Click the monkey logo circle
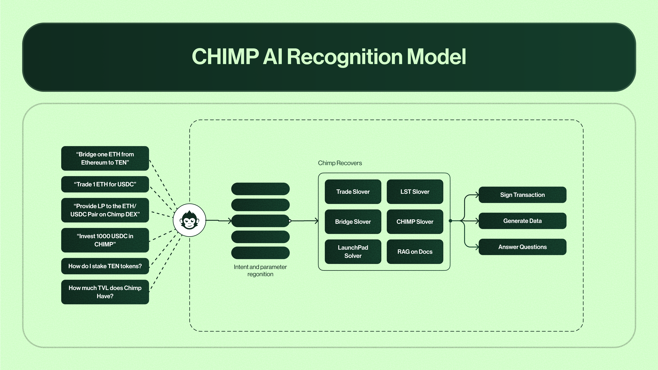(x=189, y=220)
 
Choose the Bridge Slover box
(x=353, y=222)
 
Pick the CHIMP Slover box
(x=415, y=222)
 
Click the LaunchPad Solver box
(x=353, y=251)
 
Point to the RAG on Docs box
(x=415, y=251)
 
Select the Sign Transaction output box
(x=522, y=195)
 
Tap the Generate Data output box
(x=522, y=221)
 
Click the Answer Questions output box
(x=522, y=247)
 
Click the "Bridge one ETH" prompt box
(x=105, y=158)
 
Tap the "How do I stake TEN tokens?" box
(x=105, y=266)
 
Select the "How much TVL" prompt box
(x=105, y=292)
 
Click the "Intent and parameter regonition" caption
(x=260, y=270)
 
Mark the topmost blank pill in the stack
(x=260, y=189)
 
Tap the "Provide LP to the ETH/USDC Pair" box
(x=105, y=210)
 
